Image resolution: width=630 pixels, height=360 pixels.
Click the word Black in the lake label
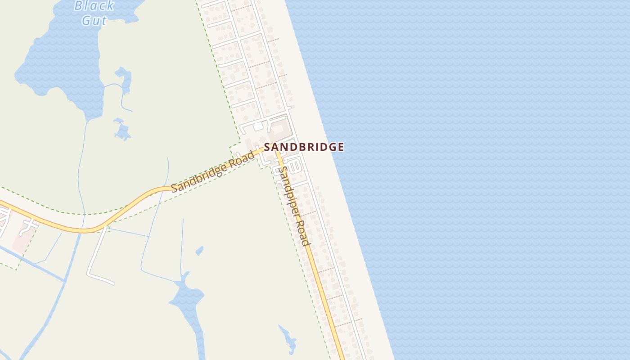point(94,6)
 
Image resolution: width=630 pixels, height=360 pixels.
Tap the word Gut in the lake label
point(94,20)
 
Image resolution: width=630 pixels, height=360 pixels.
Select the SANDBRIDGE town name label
point(304,147)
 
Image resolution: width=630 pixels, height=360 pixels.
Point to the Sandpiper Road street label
point(294,206)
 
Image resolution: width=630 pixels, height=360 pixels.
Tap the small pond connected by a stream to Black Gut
point(123,79)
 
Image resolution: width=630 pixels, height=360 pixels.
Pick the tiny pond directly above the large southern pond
point(199,250)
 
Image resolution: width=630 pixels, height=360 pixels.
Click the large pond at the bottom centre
point(189,301)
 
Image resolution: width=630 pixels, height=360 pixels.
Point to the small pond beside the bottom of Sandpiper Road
point(288,340)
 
